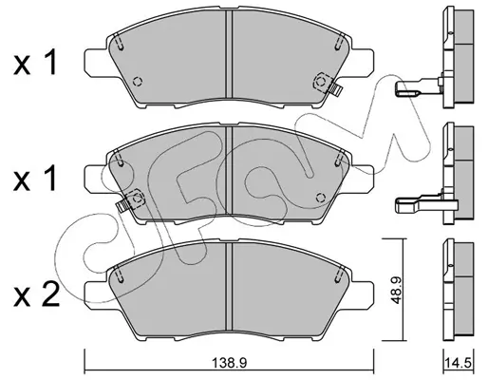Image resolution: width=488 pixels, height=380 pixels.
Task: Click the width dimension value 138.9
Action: click(229, 363)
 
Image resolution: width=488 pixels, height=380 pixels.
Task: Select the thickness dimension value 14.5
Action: click(459, 362)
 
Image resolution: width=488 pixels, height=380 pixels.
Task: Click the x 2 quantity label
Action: click(36, 294)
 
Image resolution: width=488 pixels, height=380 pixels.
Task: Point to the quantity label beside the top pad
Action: click(35, 62)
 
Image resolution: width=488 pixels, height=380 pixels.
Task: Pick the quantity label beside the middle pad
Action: click(35, 179)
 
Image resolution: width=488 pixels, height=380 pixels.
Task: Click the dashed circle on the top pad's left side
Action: click(138, 82)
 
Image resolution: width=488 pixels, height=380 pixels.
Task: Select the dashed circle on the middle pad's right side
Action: click(321, 198)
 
